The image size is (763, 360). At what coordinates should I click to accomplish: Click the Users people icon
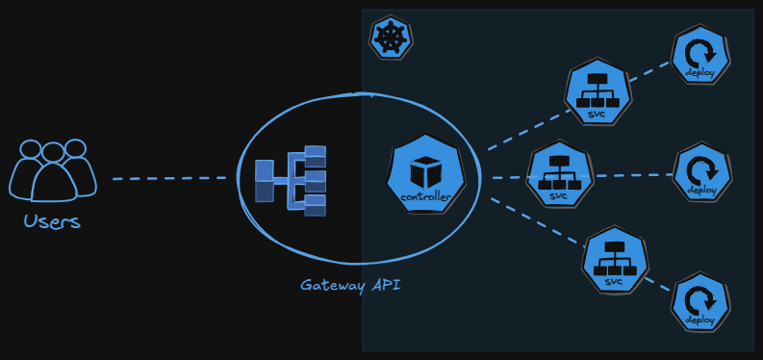[54, 169]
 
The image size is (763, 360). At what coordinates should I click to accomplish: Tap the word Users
[52, 222]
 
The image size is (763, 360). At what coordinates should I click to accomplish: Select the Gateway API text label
[349, 285]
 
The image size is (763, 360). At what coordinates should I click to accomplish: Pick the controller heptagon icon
[424, 176]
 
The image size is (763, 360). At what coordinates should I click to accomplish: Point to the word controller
[424, 197]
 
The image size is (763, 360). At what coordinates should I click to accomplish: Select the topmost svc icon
[598, 92]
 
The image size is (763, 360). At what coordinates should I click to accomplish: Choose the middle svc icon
[559, 174]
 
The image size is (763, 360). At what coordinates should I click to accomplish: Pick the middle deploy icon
[699, 173]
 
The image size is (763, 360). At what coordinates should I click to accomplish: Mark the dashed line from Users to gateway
[173, 178]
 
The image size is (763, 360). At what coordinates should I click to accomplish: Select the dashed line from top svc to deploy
[651, 72]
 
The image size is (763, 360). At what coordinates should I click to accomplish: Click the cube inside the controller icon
[424, 173]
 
